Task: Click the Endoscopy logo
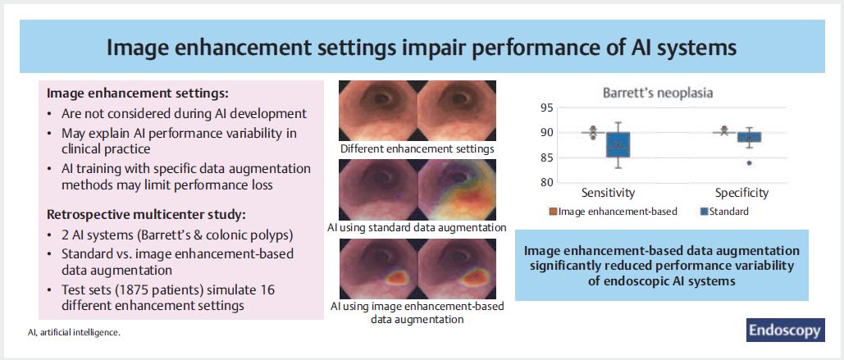785,330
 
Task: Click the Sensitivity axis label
609,193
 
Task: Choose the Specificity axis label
741,193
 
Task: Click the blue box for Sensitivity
618,144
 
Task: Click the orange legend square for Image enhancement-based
553,212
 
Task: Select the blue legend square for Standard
705,212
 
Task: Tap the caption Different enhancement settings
417,149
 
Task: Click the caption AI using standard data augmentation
417,228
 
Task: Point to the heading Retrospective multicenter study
146,215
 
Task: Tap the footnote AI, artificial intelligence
74,333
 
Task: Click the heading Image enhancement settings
138,93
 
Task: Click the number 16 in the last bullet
268,290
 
